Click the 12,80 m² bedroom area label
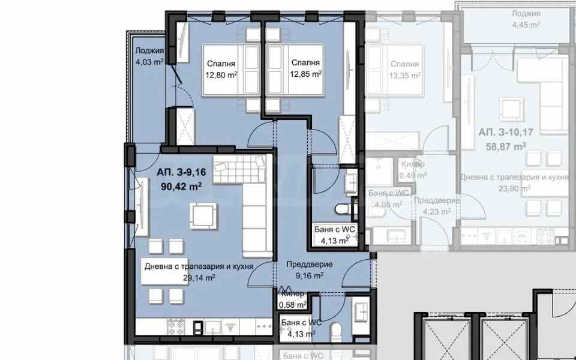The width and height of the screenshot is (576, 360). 221,75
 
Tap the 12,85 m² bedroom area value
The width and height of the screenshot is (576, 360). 305,74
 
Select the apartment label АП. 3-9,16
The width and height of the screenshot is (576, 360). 181,173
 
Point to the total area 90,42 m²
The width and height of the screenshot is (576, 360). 181,185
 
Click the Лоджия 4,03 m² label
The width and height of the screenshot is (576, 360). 149,56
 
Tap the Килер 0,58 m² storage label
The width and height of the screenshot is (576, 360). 293,300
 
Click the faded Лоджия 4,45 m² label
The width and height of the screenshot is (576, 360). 526,19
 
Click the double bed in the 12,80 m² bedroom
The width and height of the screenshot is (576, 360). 230,70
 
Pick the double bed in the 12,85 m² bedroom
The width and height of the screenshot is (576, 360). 295,70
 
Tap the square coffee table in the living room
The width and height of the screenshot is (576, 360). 202,214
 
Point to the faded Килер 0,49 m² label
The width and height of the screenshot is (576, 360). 413,170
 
